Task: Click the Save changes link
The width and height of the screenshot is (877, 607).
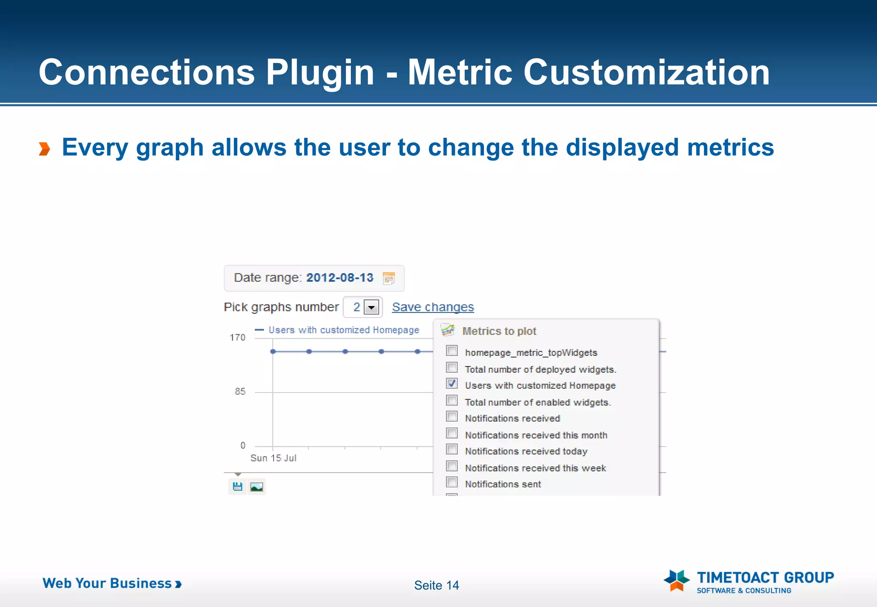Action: click(x=433, y=307)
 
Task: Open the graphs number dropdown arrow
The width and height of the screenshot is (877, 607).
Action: click(x=371, y=307)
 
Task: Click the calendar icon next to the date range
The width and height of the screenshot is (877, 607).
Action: click(x=388, y=278)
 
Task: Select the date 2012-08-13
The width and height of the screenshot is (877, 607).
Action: click(x=340, y=278)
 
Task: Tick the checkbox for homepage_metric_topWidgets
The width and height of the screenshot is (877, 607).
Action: click(x=452, y=351)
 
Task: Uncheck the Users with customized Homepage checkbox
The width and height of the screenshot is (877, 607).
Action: click(x=452, y=384)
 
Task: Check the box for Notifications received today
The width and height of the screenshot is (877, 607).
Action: click(x=452, y=449)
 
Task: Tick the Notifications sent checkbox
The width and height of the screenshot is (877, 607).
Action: click(x=452, y=482)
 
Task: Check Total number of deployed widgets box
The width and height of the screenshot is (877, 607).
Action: click(x=452, y=368)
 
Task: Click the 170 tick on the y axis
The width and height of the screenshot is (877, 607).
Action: click(x=238, y=338)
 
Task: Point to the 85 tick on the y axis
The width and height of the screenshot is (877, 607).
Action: click(x=240, y=392)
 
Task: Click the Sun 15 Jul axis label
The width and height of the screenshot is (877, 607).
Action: click(x=273, y=458)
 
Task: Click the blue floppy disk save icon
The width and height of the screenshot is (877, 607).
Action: click(x=238, y=487)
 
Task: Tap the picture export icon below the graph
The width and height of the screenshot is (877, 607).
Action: click(x=257, y=487)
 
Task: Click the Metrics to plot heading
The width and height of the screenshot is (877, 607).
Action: click(x=499, y=331)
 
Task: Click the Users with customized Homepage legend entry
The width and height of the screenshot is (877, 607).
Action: click(x=343, y=330)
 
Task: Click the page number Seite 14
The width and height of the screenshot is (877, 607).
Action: click(x=436, y=585)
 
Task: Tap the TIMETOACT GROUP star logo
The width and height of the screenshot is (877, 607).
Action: click(x=677, y=580)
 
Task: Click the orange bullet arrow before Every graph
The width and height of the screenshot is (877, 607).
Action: click(x=45, y=149)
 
